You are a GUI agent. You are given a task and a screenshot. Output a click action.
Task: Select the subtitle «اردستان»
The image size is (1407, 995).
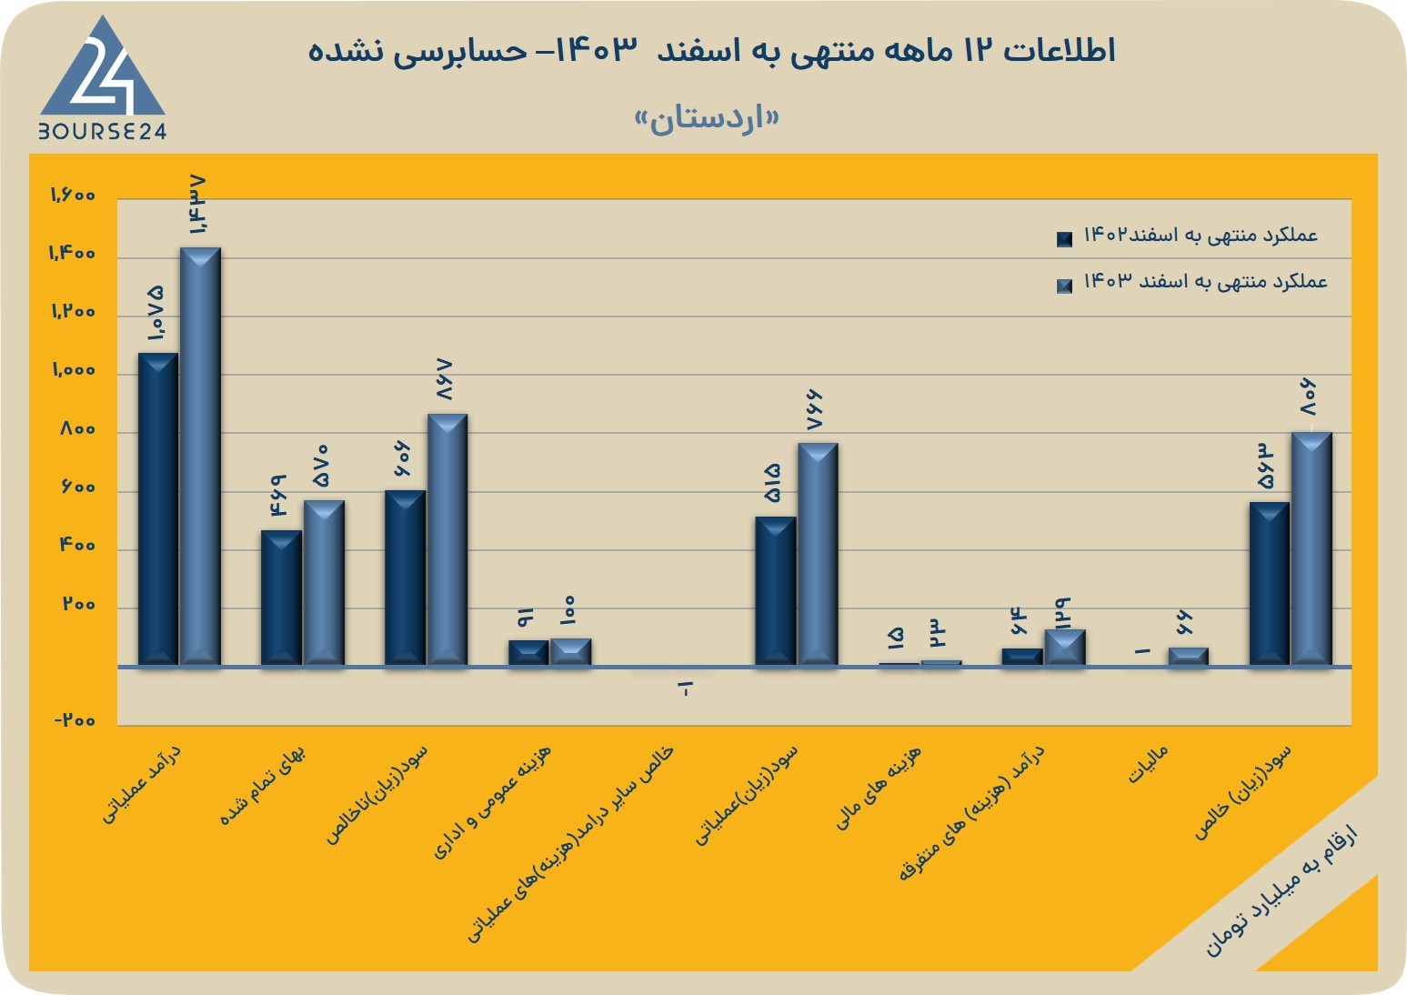point(708,119)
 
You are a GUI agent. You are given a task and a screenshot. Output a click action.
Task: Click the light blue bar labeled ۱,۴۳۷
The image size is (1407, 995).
point(200,456)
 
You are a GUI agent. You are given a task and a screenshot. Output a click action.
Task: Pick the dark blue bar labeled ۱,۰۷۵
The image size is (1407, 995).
point(158,508)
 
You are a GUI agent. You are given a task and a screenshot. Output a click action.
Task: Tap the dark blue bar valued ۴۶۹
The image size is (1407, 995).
point(281,598)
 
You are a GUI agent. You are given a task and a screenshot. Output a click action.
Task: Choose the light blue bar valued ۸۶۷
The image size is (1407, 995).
point(447,539)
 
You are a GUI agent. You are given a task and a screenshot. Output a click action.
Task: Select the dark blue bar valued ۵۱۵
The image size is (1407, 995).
point(776,591)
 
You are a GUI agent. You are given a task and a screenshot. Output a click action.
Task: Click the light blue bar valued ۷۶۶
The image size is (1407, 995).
point(818,554)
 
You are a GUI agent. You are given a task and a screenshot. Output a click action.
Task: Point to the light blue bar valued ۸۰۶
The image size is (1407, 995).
point(1312,548)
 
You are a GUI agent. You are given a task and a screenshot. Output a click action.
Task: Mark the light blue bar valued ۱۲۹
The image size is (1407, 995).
point(1065,647)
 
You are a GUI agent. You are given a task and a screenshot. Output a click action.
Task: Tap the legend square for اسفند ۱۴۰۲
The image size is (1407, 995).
point(1065,239)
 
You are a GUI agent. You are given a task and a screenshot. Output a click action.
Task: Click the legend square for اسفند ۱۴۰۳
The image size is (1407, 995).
point(1065,286)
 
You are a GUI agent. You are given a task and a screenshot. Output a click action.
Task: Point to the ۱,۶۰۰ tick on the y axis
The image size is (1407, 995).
point(73,196)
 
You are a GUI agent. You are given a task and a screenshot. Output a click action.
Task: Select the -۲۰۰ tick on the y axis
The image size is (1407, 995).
point(75,720)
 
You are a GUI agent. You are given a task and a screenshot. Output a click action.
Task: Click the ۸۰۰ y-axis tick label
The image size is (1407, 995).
point(78,429)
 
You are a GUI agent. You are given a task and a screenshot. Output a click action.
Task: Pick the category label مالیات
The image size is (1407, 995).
point(1148,764)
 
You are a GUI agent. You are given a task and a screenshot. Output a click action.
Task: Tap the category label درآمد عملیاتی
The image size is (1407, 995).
point(142,785)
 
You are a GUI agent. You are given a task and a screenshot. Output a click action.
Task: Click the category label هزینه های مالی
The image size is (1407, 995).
point(879,788)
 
